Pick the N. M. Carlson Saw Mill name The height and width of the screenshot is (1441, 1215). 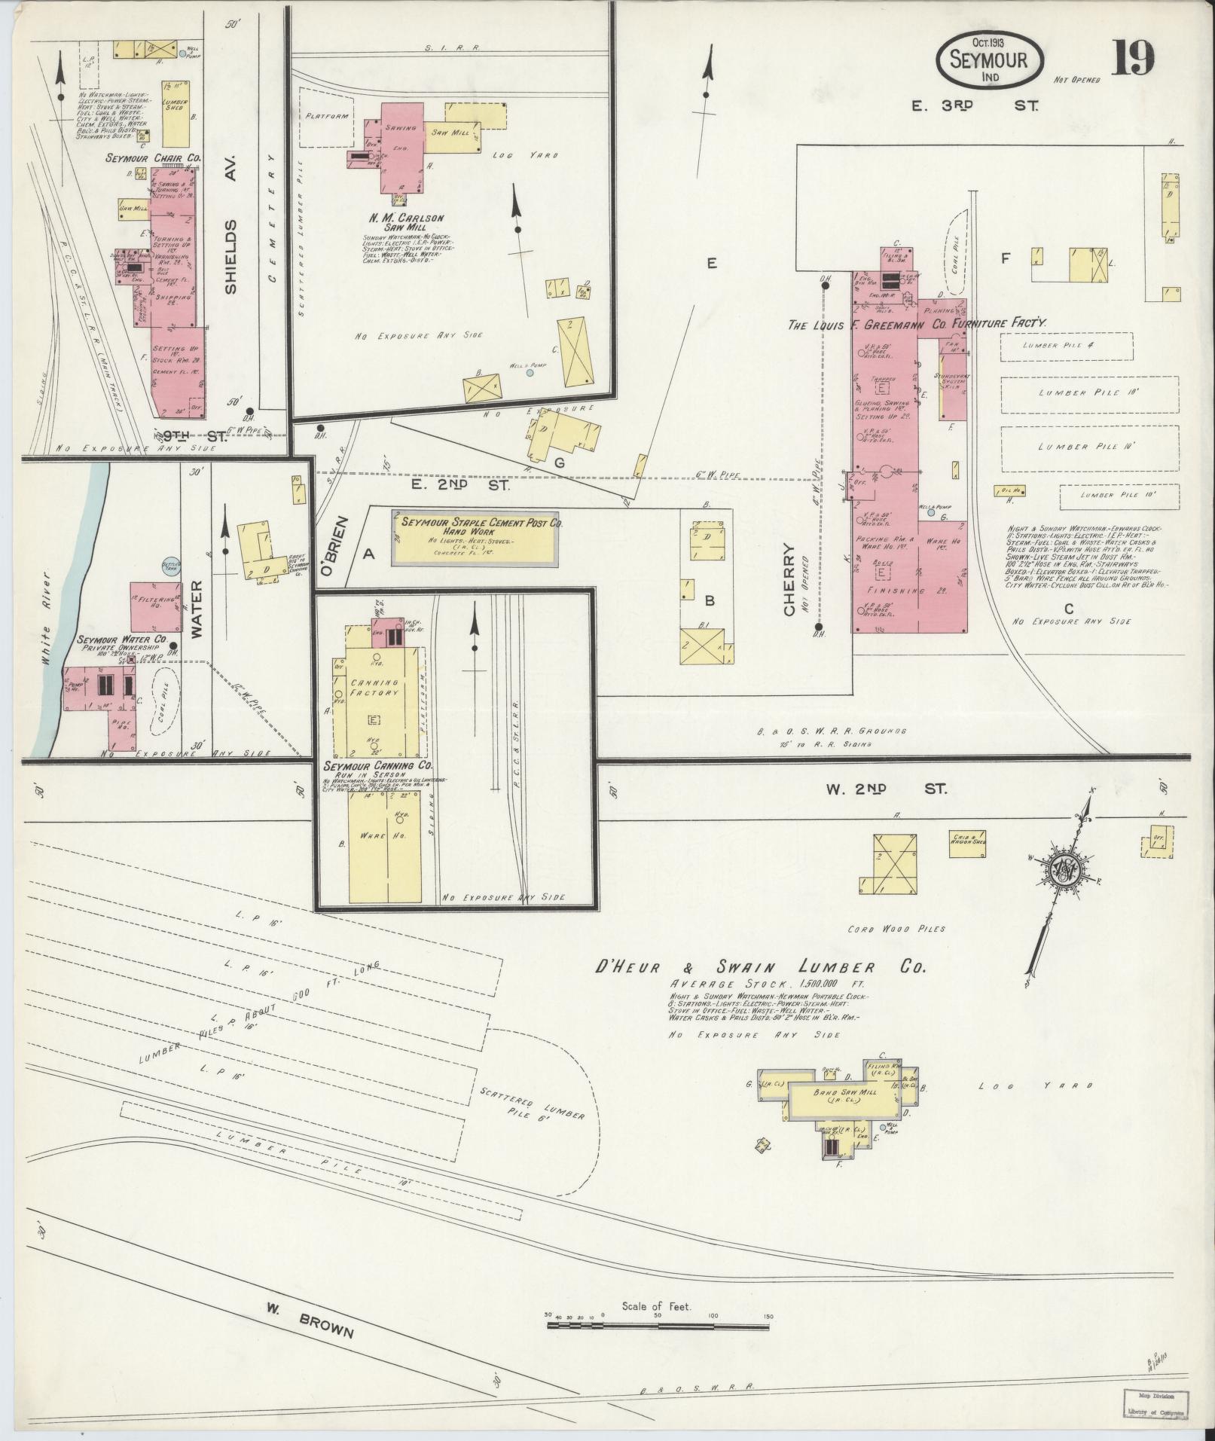[406, 222]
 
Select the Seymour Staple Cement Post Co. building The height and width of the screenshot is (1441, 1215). [475, 539]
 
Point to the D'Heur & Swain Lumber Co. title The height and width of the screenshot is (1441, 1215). [759, 968]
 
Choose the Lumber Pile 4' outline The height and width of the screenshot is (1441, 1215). [1066, 346]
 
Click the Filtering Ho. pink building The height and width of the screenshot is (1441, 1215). [156, 606]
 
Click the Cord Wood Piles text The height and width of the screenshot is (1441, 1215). [896, 929]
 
